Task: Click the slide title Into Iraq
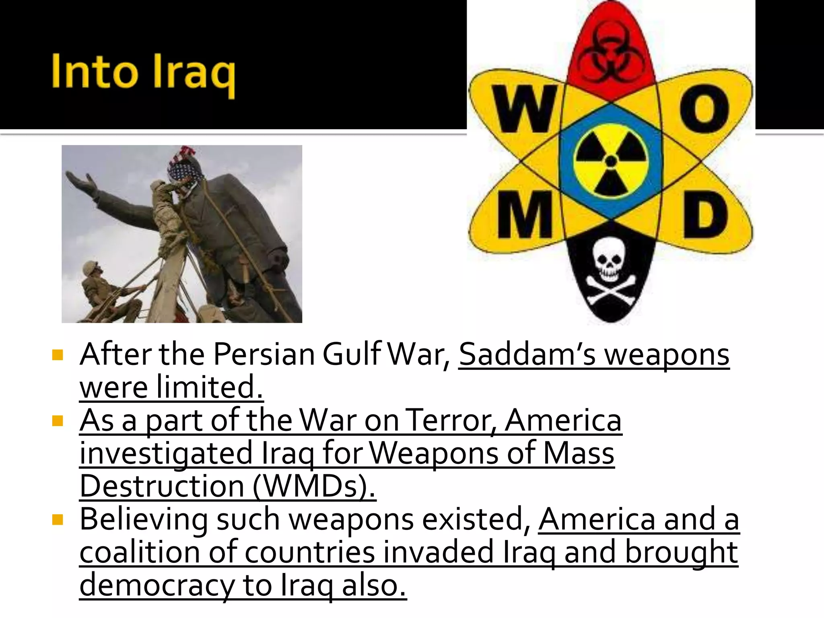[x=143, y=72]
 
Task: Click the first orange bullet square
[x=58, y=355]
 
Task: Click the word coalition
[x=139, y=552]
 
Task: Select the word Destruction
[x=162, y=486]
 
